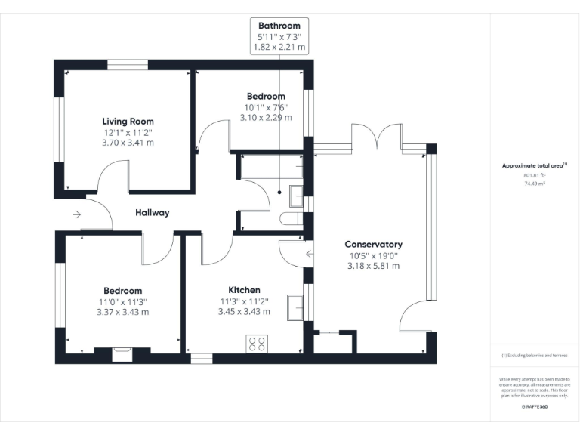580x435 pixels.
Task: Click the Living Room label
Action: [128, 121]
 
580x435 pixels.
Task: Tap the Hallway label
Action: [153, 213]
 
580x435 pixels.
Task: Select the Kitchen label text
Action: [244, 290]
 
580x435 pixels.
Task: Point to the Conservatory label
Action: [373, 244]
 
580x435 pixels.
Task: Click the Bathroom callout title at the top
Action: [279, 25]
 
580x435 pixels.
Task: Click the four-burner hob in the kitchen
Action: [256, 344]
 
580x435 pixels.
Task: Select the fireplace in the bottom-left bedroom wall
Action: [122, 354]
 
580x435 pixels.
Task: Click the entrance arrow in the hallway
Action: [77, 214]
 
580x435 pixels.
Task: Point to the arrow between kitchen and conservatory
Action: [309, 254]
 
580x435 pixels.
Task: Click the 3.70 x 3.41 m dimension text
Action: [128, 143]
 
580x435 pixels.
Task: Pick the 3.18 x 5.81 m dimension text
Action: [373, 266]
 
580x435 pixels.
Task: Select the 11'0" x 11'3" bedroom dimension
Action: [122, 301]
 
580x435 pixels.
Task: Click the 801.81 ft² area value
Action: [535, 175]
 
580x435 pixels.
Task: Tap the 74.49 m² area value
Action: [535, 183]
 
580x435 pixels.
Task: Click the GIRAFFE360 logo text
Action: [535, 406]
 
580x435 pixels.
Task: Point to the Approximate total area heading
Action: [533, 165]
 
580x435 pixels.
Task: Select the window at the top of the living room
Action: [127, 64]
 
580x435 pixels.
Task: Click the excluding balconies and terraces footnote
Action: [535, 355]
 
